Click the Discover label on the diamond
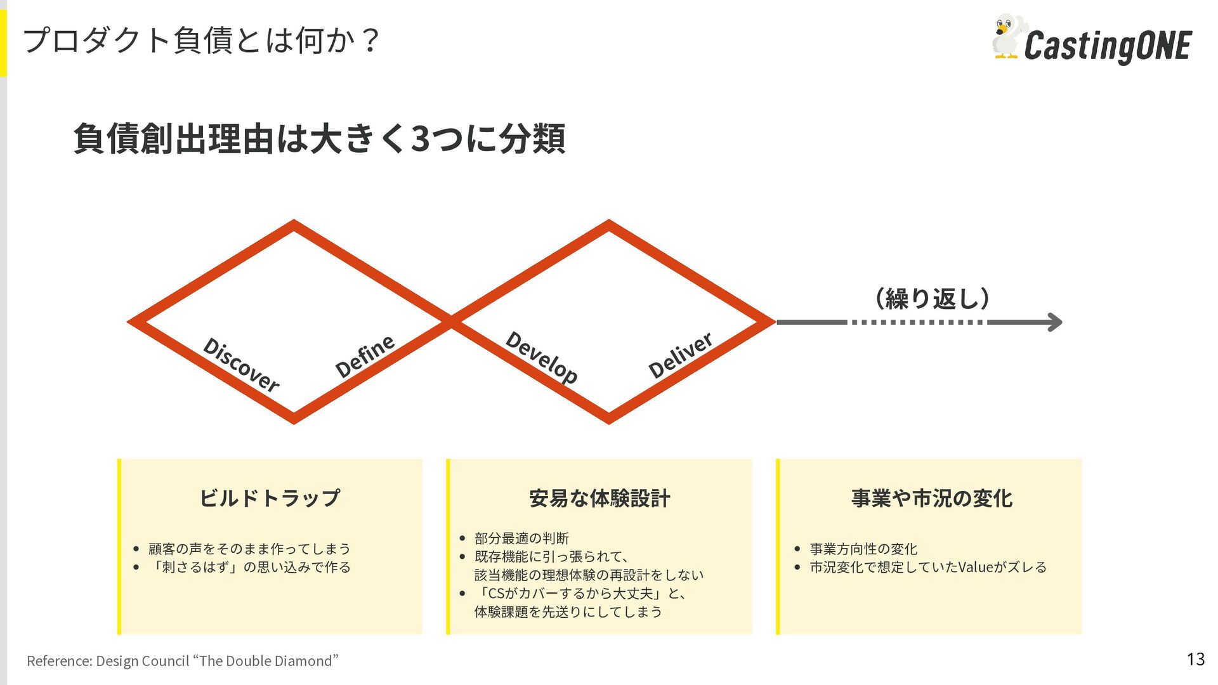coord(241,365)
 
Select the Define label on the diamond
coord(365,356)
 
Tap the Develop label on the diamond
coord(542,357)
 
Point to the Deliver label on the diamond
coord(681,355)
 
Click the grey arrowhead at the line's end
coord(1054,322)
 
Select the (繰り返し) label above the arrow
coord(931,298)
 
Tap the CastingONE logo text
coord(1108,46)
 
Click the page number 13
coord(1195,660)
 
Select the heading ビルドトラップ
coord(270,498)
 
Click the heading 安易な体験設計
coord(599,499)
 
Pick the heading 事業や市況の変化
coord(931,499)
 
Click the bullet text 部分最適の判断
coord(521,538)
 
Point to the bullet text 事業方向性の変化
coord(863,549)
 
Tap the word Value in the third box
coord(975,567)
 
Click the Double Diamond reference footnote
coord(183,661)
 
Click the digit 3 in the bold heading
coord(421,139)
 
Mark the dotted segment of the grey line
coord(917,322)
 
